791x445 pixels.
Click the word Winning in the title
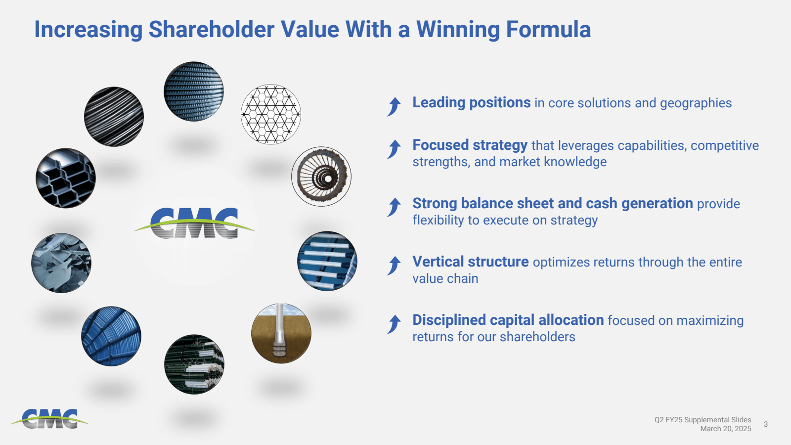458,29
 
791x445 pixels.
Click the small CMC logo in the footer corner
49,419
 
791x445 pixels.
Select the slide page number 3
766,424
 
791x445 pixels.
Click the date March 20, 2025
725,429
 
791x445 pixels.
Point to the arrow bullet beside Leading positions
394,106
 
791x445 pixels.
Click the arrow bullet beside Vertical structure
394,266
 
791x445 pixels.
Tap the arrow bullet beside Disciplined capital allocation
394,324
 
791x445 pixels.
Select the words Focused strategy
470,145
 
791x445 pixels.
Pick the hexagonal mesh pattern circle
271,114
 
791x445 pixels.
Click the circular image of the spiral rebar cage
321,177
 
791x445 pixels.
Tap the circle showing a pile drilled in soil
281,333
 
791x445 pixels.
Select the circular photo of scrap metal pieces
61,263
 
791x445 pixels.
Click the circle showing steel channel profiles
66,178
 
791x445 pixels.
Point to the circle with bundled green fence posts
194,364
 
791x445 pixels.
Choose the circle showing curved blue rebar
111,336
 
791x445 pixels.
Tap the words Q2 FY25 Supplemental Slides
703,420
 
